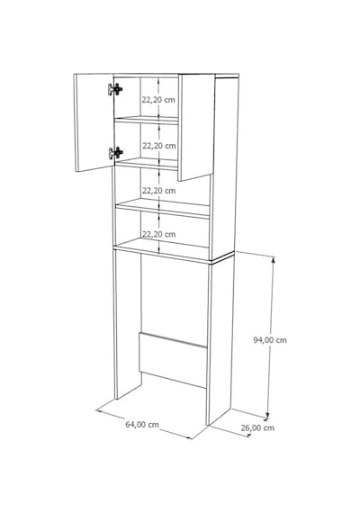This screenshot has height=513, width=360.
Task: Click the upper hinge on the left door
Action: [x=115, y=89]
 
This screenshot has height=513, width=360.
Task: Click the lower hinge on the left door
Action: [x=115, y=153]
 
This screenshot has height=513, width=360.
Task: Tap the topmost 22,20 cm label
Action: [x=158, y=100]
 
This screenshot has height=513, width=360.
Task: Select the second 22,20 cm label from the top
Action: [x=159, y=146]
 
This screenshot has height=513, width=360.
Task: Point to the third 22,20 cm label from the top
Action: [x=158, y=191]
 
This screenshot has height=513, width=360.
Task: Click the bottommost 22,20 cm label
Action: [x=158, y=234]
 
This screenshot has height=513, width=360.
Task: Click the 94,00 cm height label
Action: [x=270, y=340]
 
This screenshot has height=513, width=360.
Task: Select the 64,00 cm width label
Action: [x=142, y=424]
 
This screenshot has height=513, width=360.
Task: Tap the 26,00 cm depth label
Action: [x=257, y=427]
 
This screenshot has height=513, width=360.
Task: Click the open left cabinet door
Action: [x=94, y=122]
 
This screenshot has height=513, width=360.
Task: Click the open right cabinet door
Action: [x=196, y=127]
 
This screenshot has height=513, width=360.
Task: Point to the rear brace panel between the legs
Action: [x=173, y=360]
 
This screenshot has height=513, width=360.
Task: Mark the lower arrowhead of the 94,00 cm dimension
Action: [x=267, y=415]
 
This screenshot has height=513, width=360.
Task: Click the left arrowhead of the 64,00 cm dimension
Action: [x=99, y=411]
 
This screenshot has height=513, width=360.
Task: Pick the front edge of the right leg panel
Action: [x=210, y=343]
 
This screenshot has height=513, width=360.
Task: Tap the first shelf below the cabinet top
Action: [x=147, y=120]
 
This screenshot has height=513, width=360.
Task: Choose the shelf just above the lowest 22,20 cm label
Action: [x=163, y=208]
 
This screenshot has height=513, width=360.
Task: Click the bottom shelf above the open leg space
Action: [x=163, y=250]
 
